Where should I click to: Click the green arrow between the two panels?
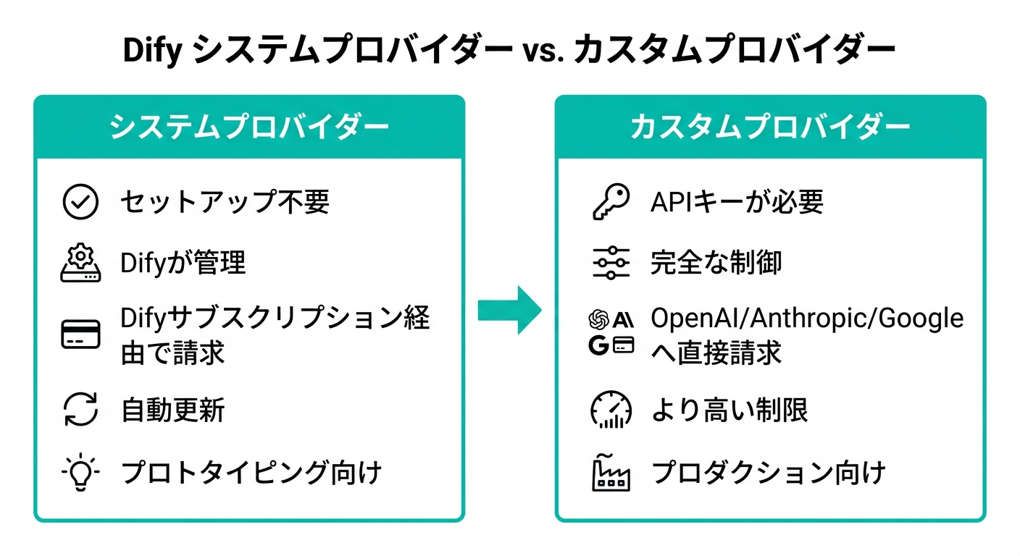click(x=509, y=310)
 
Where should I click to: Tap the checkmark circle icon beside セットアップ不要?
click(x=81, y=202)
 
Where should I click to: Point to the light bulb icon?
click(x=81, y=474)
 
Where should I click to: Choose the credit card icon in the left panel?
click(x=81, y=335)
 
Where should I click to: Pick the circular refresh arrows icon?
click(x=81, y=410)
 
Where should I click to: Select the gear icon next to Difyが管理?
click(x=81, y=263)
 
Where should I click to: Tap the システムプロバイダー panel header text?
click(x=248, y=127)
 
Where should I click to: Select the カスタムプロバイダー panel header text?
click(x=770, y=127)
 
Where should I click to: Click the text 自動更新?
click(x=172, y=410)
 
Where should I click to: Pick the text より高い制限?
click(x=730, y=410)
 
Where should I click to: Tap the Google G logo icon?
click(x=599, y=346)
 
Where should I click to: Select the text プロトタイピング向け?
click(x=251, y=474)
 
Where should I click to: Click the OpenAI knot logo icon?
click(x=599, y=319)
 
